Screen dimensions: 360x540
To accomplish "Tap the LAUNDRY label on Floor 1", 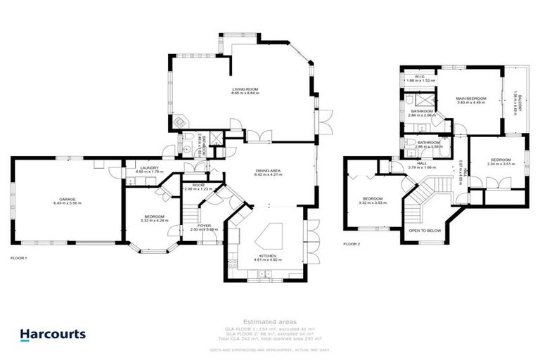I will point(148,167).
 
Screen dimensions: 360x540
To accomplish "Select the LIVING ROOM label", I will point(246,89).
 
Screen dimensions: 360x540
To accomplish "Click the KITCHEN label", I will point(267,256).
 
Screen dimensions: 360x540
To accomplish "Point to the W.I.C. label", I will point(420,77).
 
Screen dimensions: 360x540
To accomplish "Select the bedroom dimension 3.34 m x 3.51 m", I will point(501,164).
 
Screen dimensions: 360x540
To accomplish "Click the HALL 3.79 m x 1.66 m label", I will point(423,167).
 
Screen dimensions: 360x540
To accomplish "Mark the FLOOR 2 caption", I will point(351,244).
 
